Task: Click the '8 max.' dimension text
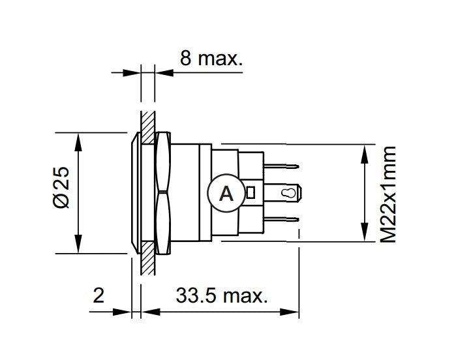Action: (x=211, y=59)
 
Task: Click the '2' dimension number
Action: (x=99, y=297)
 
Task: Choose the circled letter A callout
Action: (x=225, y=193)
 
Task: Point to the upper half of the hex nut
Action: (x=163, y=162)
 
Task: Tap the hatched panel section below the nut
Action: (x=148, y=264)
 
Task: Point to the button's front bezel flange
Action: (x=136, y=193)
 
